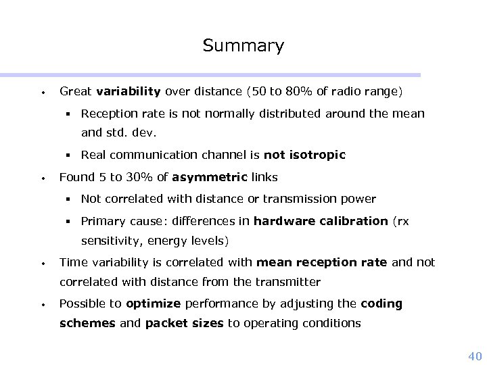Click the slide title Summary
(x=243, y=46)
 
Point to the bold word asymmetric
(x=210, y=178)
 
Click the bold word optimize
(x=153, y=303)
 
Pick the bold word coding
(x=381, y=303)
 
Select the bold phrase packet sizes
(x=184, y=323)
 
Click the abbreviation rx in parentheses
(x=402, y=220)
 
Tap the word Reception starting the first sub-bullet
(x=108, y=114)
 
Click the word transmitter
(x=286, y=282)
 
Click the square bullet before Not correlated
(x=69, y=199)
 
